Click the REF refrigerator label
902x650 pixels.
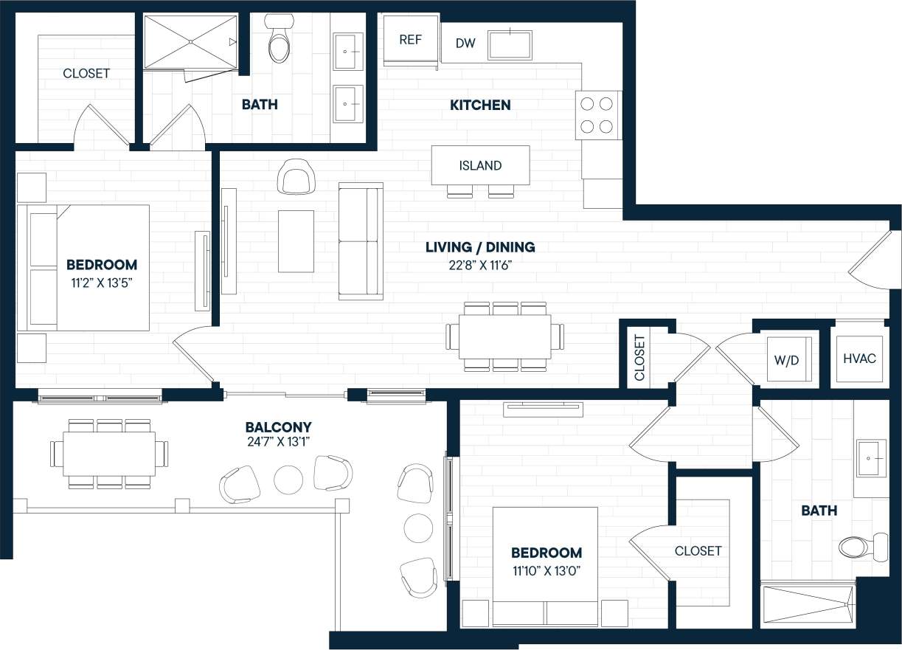click(410, 40)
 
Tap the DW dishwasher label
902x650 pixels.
click(465, 44)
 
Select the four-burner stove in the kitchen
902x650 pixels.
click(597, 114)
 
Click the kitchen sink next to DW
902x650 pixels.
click(510, 44)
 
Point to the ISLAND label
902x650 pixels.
click(480, 165)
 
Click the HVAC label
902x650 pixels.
click(859, 359)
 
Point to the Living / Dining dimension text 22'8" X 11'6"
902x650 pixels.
click(479, 266)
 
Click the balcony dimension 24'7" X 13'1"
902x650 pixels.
click(278, 442)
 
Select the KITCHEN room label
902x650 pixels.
click(480, 105)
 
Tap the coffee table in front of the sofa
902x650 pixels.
click(296, 241)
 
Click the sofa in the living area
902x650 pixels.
click(360, 241)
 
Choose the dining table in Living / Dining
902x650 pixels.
click(504, 337)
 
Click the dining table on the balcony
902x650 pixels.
click(109, 453)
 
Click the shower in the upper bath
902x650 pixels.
click(190, 42)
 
